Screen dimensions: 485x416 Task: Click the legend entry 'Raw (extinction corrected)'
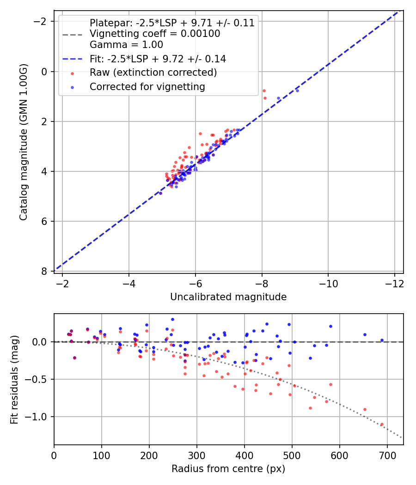153,73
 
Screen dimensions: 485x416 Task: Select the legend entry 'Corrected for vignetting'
147,86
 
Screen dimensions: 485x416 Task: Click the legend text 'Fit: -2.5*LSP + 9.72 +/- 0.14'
158,59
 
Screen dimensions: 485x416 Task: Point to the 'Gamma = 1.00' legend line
126,45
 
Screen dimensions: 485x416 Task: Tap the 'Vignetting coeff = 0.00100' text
155,34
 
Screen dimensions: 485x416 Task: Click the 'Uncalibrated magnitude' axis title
228,297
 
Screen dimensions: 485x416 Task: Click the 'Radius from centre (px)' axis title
228,469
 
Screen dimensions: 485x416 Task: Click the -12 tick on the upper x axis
394,282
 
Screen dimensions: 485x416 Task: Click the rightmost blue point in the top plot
297,91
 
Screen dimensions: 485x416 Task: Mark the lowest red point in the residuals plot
382,424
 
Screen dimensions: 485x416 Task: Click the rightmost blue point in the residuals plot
382,340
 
